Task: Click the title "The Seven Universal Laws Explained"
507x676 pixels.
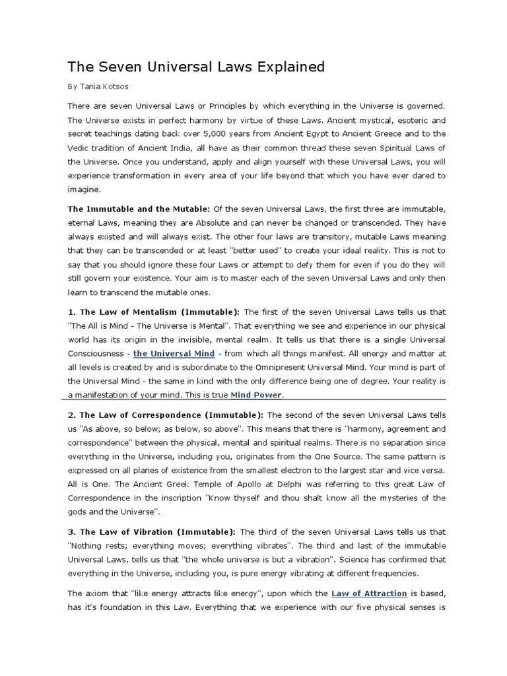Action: pyautogui.click(x=196, y=67)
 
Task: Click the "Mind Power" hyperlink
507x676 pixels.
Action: pyautogui.click(x=256, y=395)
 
